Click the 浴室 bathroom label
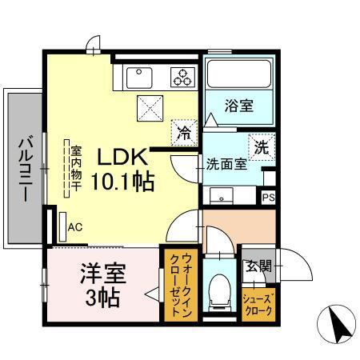(x=239, y=104)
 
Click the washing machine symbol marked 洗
(x=261, y=146)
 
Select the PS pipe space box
(x=268, y=195)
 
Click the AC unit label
(x=74, y=227)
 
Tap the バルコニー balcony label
(x=24, y=169)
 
